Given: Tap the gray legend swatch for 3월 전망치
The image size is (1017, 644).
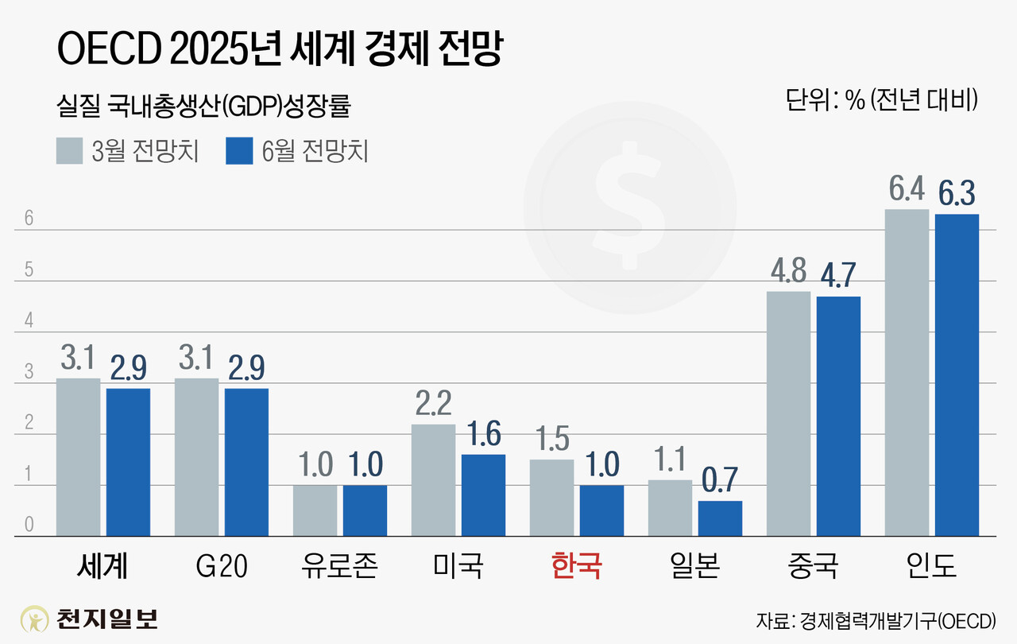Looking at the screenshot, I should click(x=69, y=151).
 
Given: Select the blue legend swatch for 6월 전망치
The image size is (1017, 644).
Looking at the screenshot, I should click(x=239, y=151).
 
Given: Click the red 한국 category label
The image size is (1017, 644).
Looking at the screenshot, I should click(x=576, y=567).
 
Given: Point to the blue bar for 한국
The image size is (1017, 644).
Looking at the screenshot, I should click(x=601, y=510).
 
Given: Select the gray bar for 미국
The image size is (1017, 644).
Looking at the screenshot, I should click(x=434, y=480).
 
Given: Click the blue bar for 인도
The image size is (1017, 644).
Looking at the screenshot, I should click(x=957, y=374).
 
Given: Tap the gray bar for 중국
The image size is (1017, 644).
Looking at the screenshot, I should click(x=789, y=413).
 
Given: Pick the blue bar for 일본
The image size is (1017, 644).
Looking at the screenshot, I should click(x=720, y=518).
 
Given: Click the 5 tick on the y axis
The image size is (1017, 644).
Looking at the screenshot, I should click(x=29, y=270).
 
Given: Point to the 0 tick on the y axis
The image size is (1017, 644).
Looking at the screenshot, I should click(x=29, y=525).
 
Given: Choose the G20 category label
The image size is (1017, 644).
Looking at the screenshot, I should click(x=221, y=567).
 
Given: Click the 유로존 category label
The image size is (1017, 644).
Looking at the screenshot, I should click(x=339, y=567).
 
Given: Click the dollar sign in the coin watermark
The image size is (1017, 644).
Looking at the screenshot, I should click(x=628, y=204).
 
